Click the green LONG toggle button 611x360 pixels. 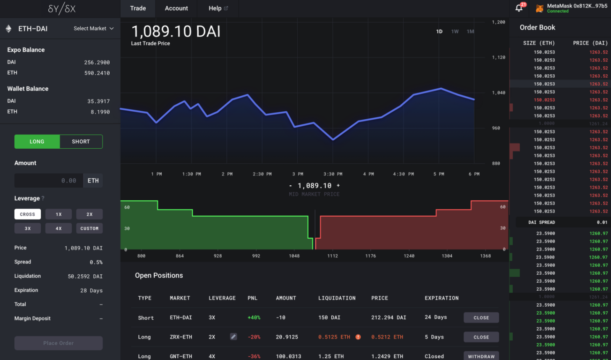click(37, 142)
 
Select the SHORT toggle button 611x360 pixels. click(81, 142)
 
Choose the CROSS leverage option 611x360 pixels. click(28, 214)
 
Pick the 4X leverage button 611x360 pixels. click(59, 229)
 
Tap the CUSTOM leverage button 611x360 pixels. click(89, 229)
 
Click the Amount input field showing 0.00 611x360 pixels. click(49, 181)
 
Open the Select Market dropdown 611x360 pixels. click(94, 29)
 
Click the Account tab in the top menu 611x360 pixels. click(176, 8)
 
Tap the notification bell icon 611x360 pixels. click(519, 8)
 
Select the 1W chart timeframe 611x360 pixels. click(455, 32)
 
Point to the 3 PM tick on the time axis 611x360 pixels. click(298, 174)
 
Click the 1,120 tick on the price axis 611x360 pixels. click(498, 57)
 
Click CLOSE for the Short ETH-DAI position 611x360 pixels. click(481, 318)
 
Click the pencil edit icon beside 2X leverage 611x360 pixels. click(233, 336)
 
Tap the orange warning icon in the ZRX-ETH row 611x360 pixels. click(358, 337)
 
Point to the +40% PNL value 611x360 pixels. click(254, 318)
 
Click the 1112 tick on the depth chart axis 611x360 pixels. click(333, 256)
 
